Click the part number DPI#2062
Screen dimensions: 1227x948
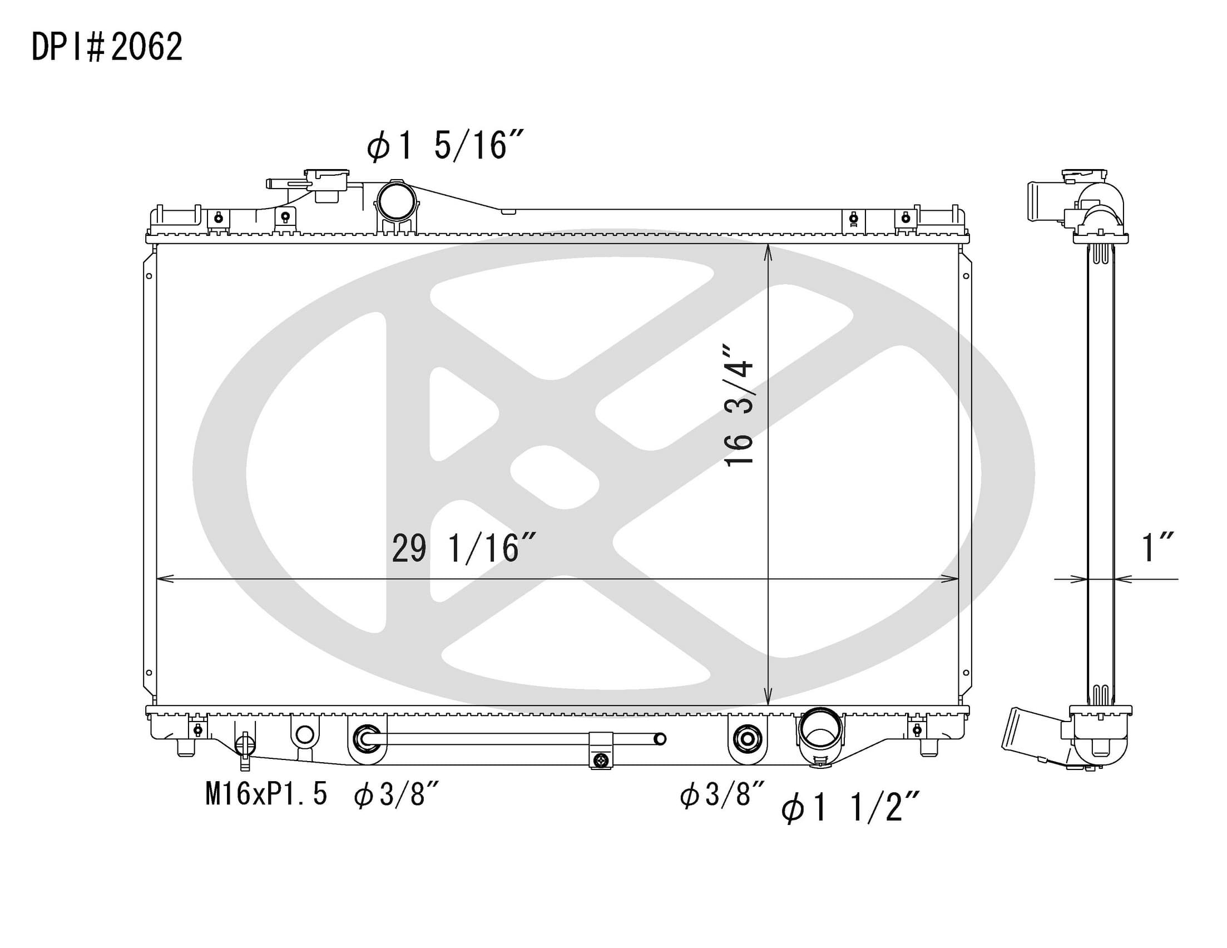(x=107, y=47)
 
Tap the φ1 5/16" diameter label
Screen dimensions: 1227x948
(x=446, y=146)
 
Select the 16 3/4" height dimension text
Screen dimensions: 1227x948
(x=738, y=404)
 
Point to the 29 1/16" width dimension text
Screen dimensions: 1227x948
(x=464, y=549)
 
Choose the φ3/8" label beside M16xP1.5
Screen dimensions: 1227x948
(x=396, y=795)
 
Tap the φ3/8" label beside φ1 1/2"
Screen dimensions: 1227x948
(x=723, y=795)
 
